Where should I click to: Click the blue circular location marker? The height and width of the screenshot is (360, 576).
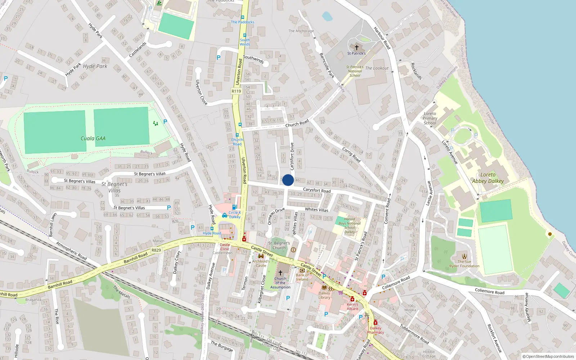pyautogui.click(x=288, y=180)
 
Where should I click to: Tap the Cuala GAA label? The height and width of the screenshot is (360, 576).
pyautogui.click(x=93, y=139)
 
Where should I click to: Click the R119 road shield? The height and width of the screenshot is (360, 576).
pyautogui.click(x=236, y=91)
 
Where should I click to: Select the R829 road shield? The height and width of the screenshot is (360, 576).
pyautogui.click(x=156, y=250)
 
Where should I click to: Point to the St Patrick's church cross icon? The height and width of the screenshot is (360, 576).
pyautogui.click(x=356, y=48)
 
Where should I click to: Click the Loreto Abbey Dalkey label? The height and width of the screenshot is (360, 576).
pyautogui.click(x=488, y=178)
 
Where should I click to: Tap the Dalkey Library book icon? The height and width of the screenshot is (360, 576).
pyautogui.click(x=324, y=288)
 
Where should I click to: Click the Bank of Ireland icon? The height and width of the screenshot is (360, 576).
pyautogui.click(x=302, y=270)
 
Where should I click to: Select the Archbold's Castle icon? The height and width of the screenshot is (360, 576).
pyautogui.click(x=261, y=256)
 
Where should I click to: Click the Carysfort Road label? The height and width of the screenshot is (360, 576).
pyautogui.click(x=316, y=190)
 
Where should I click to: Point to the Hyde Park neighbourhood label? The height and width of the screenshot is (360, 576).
pyautogui.click(x=95, y=66)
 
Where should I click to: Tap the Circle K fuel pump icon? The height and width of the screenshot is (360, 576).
pyautogui.click(x=234, y=207)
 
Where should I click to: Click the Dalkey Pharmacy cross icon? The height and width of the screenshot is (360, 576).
pyautogui.click(x=375, y=323)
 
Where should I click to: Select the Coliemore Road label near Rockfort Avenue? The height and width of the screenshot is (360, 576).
pyautogui.click(x=489, y=291)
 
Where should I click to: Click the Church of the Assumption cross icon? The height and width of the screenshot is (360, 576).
pyautogui.click(x=280, y=273)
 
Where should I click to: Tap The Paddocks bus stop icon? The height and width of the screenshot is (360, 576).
pyautogui.click(x=243, y=17)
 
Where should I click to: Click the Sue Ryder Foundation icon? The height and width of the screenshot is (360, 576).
pyautogui.click(x=464, y=256)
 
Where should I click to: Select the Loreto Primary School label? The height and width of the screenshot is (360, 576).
pyautogui.click(x=430, y=118)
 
